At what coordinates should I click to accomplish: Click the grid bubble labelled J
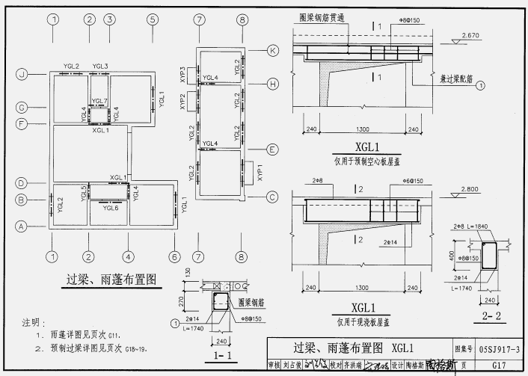pyautogui.click(x=22, y=74)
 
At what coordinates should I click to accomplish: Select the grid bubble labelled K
pyautogui.click(x=272, y=50)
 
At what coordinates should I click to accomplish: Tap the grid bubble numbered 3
pyautogui.click(x=109, y=19)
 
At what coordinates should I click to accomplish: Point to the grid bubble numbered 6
pyautogui.click(x=174, y=257)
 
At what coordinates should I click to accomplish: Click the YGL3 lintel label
pyautogui.click(x=100, y=67)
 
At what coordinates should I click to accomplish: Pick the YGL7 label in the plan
pyautogui.click(x=99, y=101)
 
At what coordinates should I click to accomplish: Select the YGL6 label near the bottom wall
pyautogui.click(x=110, y=208)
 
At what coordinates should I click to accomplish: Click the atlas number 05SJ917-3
pyautogui.click(x=500, y=348)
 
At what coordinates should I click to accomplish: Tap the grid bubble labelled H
pyautogui.click(x=272, y=83)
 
